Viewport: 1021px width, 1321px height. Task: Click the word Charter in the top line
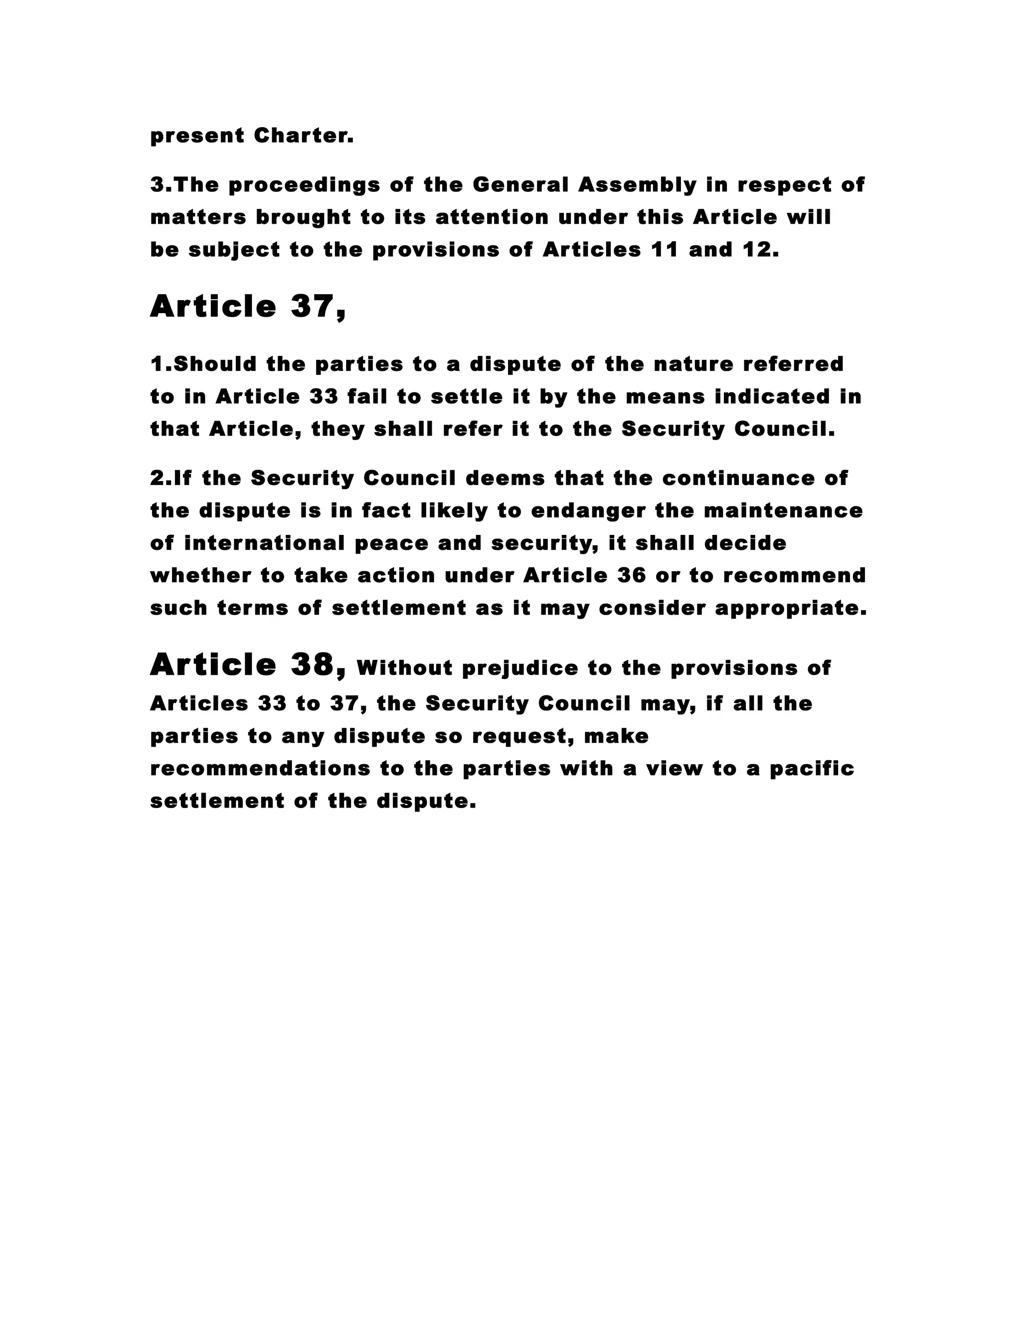click(303, 136)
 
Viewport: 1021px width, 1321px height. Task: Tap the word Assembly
click(637, 184)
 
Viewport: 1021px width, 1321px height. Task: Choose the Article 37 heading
click(248, 306)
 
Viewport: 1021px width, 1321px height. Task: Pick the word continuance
click(737, 479)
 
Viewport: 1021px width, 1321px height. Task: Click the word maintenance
click(783, 511)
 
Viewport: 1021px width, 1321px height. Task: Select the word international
click(264, 543)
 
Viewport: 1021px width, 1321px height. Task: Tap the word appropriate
click(791, 609)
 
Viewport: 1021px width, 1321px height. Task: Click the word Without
click(405, 668)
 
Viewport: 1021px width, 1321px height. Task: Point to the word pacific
click(812, 769)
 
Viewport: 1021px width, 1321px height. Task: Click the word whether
click(201, 576)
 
